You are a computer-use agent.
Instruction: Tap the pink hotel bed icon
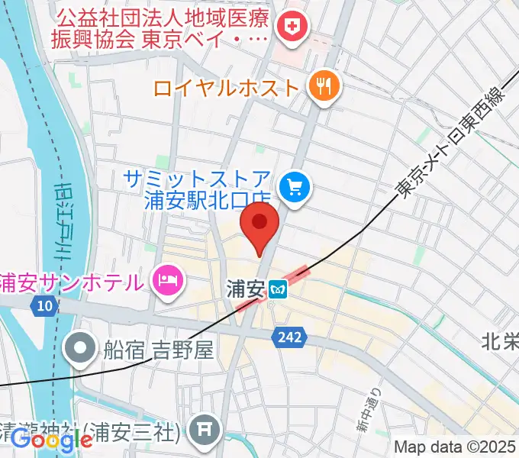[166, 280]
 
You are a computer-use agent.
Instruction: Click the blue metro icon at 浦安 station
[278, 289]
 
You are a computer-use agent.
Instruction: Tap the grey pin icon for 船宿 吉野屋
[80, 350]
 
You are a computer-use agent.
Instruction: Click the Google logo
[51, 440]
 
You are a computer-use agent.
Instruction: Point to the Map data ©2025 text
[455, 447]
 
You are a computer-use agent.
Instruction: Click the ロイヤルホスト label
[226, 87]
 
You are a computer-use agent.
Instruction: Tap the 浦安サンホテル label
[73, 281]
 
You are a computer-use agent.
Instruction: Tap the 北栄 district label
[499, 341]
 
